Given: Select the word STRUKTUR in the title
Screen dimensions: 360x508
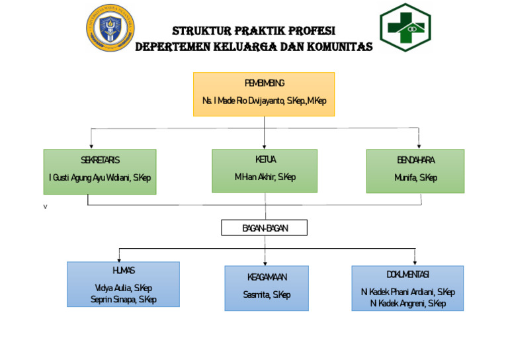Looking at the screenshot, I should pyautogui.click(x=198, y=31).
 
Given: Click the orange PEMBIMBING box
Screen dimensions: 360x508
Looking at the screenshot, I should pyautogui.click(x=263, y=93).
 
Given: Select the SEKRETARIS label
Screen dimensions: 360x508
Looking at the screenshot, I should pyautogui.click(x=100, y=160).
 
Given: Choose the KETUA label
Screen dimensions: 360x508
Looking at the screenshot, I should pyautogui.click(x=265, y=159).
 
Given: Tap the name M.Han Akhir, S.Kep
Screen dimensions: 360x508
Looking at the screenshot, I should pyautogui.click(x=265, y=177).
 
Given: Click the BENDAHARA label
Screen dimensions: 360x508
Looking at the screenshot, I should pyautogui.click(x=415, y=160).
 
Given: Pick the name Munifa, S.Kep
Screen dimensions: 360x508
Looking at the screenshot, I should pyautogui.click(x=415, y=177).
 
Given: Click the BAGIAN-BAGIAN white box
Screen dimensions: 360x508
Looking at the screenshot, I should pyautogui.click(x=264, y=228).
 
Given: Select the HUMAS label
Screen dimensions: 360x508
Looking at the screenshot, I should pyautogui.click(x=123, y=271).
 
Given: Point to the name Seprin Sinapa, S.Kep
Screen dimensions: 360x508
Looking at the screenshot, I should pyautogui.click(x=123, y=299).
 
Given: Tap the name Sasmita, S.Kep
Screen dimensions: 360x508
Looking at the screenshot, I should pyautogui.click(x=266, y=294).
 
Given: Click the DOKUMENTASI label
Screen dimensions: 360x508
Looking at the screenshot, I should pyautogui.click(x=407, y=274).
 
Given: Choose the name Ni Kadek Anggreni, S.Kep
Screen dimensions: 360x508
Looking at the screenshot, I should pyautogui.click(x=407, y=303).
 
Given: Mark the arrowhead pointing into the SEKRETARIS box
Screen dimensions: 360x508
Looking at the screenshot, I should pyautogui.click(x=91, y=146).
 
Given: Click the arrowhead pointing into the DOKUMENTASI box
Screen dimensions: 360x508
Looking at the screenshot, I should pyautogui.click(x=415, y=263).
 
